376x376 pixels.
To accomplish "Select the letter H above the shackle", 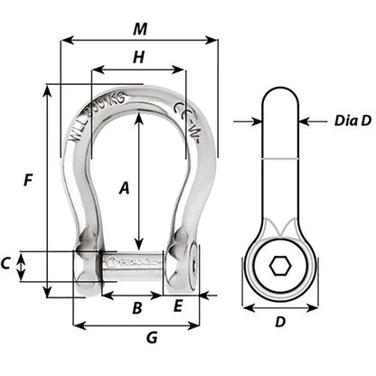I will (x=138, y=57).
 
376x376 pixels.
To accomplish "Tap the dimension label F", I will (x=30, y=180).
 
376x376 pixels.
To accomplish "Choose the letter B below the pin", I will (x=136, y=308).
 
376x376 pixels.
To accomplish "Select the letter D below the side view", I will (x=279, y=322).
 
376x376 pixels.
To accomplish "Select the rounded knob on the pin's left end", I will (x=86, y=268).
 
